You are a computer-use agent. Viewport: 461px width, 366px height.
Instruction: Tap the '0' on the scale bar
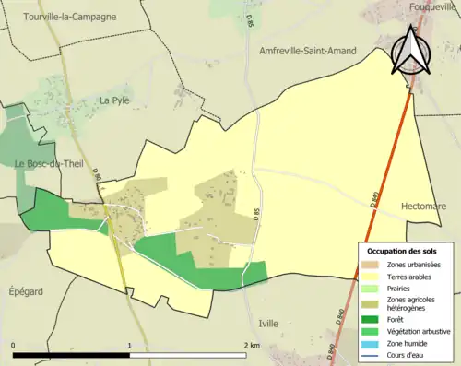click(14, 346)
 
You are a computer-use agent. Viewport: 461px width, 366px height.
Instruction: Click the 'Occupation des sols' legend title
click(402, 251)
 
